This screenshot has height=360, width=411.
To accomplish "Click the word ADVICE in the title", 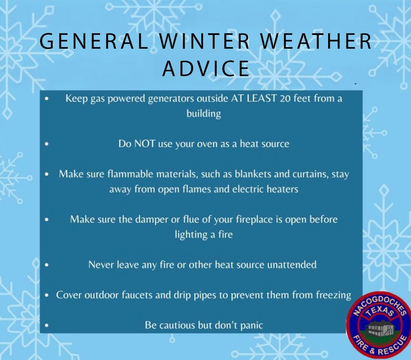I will (x=206, y=68).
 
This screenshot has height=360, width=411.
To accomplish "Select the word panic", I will (x=251, y=325).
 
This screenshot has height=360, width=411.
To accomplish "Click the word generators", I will (x=171, y=99).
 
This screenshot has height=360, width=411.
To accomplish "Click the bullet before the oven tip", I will (x=47, y=144).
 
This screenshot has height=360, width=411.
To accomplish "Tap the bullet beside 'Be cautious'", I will (x=47, y=325).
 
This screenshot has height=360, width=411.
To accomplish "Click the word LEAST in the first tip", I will (x=261, y=98).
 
